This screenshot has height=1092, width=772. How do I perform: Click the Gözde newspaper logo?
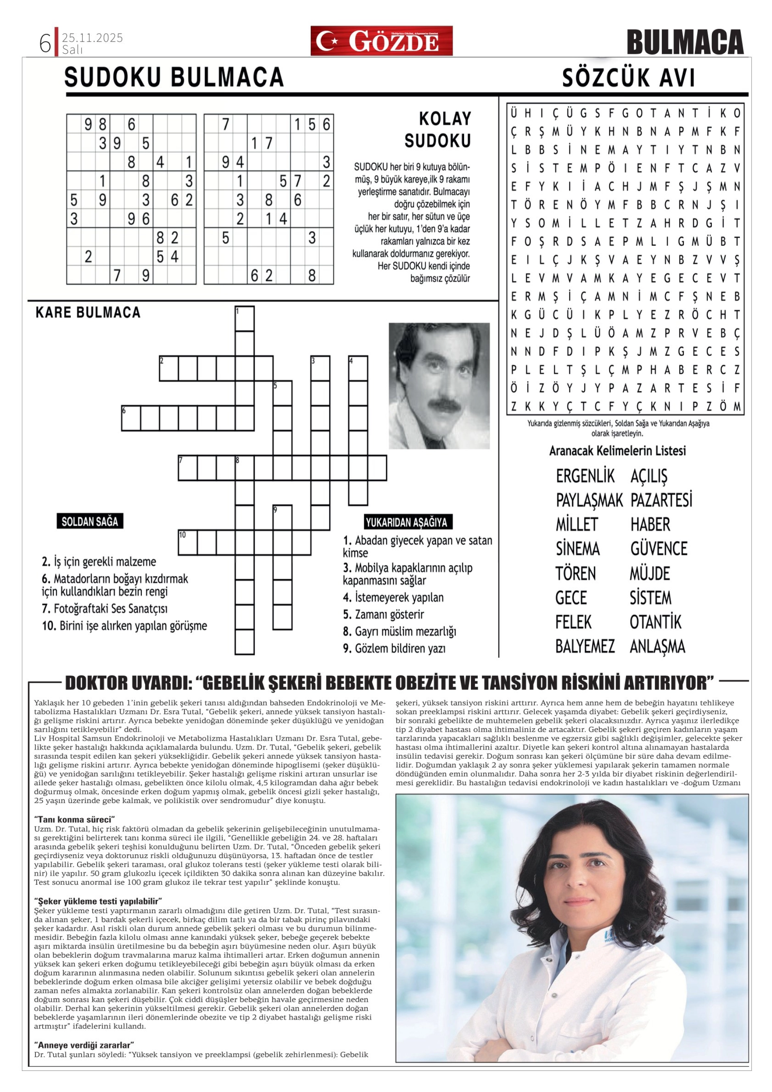[382, 41]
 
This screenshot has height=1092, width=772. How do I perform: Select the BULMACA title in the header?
[685, 42]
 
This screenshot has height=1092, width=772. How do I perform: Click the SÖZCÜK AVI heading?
[628, 78]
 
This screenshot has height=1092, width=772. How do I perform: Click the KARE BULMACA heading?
[88, 312]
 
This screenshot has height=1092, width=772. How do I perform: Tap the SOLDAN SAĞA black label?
[90, 521]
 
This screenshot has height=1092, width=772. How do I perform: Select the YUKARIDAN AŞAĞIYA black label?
[407, 522]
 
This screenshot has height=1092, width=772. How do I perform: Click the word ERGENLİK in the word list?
[585, 476]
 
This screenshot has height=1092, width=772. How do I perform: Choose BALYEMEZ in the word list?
[585, 646]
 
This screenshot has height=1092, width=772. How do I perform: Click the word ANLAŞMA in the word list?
[657, 646]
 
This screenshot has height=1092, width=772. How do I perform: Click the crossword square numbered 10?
[188, 542]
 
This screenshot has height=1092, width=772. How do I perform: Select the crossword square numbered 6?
[131, 418]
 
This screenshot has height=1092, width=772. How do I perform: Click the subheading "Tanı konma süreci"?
[74, 819]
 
